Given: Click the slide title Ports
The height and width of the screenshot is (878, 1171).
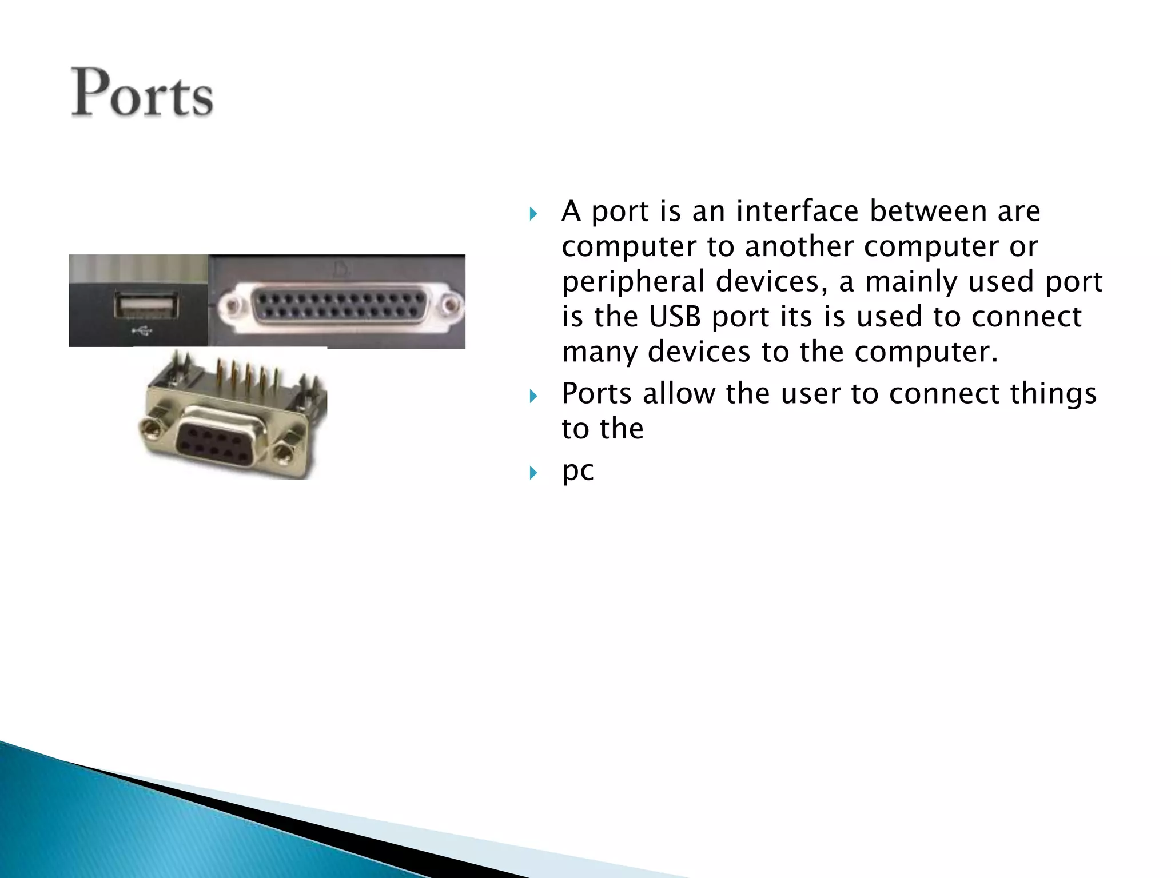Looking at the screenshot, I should tap(142, 93).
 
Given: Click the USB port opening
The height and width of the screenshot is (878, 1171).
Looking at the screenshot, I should tap(145, 305).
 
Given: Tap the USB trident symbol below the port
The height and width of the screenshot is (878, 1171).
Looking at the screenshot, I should tap(142, 330).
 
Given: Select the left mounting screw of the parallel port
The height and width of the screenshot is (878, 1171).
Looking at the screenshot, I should tap(233, 306).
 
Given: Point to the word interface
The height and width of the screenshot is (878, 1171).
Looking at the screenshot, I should tap(797, 211).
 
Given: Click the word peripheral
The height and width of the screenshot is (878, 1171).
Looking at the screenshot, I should tap(633, 282).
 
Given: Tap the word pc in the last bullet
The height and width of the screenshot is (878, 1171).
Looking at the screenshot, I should tap(577, 471).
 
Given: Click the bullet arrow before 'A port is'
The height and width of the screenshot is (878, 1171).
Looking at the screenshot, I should tap(533, 214).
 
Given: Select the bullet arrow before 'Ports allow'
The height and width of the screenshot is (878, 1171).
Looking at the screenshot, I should tap(533, 396).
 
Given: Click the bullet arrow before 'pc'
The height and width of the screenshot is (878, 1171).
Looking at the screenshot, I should tap(533, 473).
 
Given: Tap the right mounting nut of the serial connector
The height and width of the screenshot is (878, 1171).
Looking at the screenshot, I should tap(282, 454).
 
